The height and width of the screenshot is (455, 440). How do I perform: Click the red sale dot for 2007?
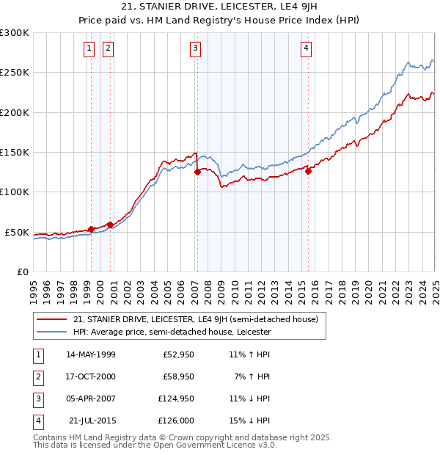(197, 173)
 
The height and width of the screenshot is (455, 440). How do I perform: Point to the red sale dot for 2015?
(309, 172)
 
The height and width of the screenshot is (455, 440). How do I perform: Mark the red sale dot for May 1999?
(92, 229)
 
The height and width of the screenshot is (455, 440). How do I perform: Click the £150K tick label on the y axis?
(15, 152)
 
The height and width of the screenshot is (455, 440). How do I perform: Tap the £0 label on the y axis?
(22, 272)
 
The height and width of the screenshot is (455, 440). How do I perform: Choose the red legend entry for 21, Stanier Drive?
(195, 319)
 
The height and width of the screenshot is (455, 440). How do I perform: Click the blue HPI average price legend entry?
(172, 332)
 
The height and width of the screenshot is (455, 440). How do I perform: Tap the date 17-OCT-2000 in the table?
(91, 376)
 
